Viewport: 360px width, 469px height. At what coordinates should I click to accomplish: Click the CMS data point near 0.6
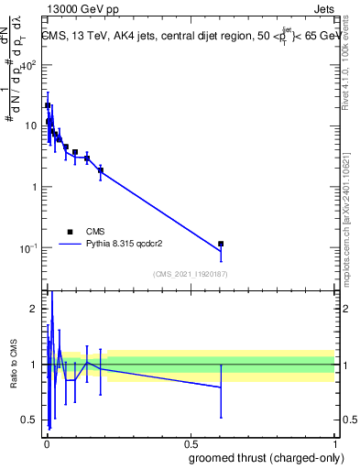click(221, 244)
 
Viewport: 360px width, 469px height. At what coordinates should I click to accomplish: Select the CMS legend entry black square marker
click(71, 232)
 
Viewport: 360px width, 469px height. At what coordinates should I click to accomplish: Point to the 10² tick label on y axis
click(31, 66)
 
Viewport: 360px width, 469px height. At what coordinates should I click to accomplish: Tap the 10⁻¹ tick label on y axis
click(30, 248)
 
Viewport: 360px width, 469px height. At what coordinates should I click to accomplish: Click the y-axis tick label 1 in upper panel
click(36, 188)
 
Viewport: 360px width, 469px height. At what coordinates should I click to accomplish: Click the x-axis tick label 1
click(335, 442)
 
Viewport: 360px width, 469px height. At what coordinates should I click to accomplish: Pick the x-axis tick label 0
click(46, 442)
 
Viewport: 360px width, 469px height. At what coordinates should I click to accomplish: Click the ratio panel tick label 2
click(36, 309)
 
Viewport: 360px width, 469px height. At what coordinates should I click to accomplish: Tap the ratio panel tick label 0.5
click(31, 420)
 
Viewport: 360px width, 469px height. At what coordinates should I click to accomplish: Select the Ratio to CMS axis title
click(13, 365)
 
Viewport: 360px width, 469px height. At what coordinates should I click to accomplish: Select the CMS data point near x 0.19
click(101, 169)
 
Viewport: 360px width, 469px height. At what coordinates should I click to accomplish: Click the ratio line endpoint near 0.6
click(221, 387)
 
